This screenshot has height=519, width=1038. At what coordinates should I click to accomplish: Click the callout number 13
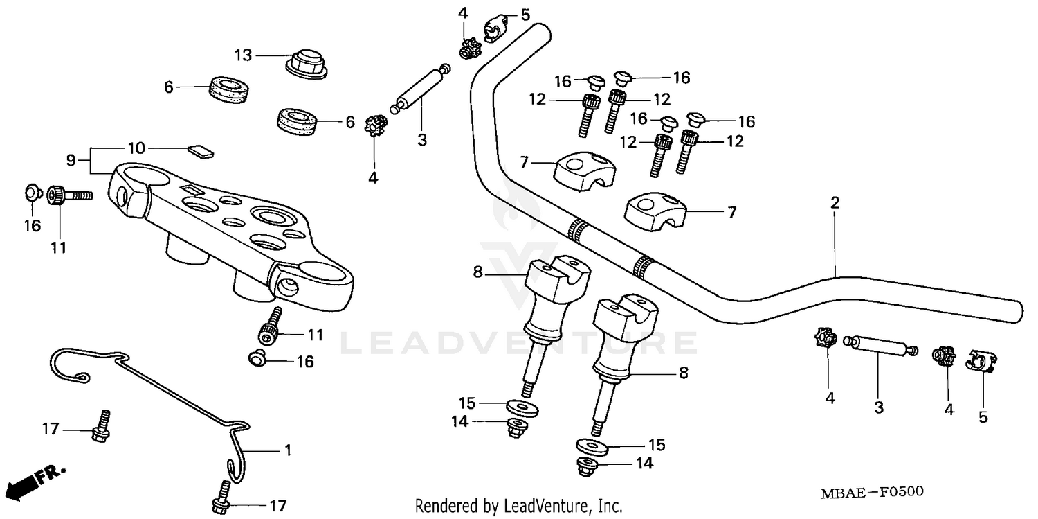coord(244,55)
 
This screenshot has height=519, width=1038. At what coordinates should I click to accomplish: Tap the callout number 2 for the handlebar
coord(835,203)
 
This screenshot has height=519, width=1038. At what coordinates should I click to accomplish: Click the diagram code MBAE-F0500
coord(872,492)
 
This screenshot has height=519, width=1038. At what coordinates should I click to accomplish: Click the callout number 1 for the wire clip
coord(287,450)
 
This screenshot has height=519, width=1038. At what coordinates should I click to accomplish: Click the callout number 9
coord(71,160)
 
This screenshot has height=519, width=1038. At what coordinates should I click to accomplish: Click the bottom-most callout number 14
coord(645,464)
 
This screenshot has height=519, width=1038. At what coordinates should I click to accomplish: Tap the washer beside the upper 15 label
coord(520,405)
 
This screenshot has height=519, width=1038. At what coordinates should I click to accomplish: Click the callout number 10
coord(136,148)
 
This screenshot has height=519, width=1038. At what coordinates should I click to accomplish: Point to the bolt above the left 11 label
coord(69,196)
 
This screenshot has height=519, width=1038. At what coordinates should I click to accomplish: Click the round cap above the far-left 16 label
coord(33,191)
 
